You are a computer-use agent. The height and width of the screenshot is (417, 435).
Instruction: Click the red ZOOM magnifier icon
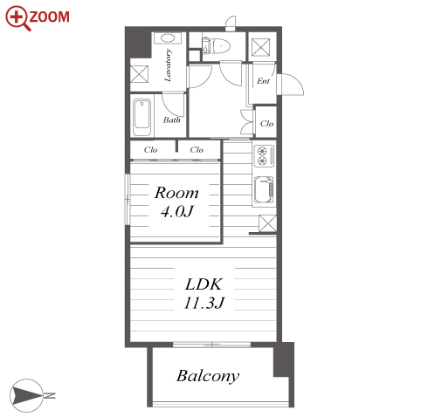tap(17, 17)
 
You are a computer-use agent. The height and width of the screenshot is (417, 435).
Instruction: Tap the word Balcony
tap(208, 376)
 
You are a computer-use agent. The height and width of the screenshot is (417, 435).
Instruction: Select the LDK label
tap(204, 284)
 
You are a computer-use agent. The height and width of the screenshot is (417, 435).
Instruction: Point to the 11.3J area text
tap(204, 303)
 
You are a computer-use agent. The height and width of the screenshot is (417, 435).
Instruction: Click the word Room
tap(176, 193)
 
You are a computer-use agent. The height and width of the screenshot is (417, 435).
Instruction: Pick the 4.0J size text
tap(177, 211)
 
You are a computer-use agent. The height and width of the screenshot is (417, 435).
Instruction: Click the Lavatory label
tap(168, 65)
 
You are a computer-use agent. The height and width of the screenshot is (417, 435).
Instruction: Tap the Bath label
tap(171, 120)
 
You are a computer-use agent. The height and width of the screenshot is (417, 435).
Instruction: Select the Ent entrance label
tap(263, 81)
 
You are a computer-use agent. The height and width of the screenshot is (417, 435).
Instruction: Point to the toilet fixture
tap(217, 45)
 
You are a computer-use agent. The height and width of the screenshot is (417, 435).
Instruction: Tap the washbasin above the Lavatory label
tap(168, 38)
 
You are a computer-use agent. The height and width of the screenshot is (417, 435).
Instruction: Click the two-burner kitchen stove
tap(264, 155)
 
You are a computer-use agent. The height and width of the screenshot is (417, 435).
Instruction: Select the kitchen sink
tap(264, 189)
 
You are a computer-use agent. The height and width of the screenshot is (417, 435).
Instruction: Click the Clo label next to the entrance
tap(266, 124)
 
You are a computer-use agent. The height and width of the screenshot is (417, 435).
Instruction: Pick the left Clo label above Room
tap(150, 150)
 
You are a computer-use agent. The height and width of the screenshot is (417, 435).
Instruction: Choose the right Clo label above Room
tap(197, 150)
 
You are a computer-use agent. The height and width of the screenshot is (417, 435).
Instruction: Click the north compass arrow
tap(28, 395)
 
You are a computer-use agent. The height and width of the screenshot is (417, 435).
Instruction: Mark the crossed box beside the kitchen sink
tap(267, 223)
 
